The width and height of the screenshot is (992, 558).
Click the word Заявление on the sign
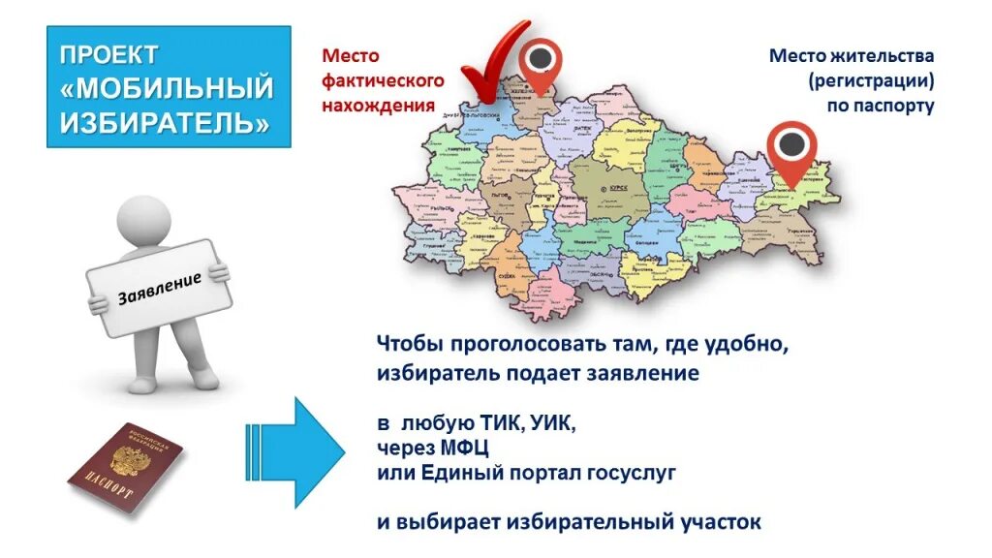click(160, 289)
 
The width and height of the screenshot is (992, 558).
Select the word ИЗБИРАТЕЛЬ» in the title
click(165, 123)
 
